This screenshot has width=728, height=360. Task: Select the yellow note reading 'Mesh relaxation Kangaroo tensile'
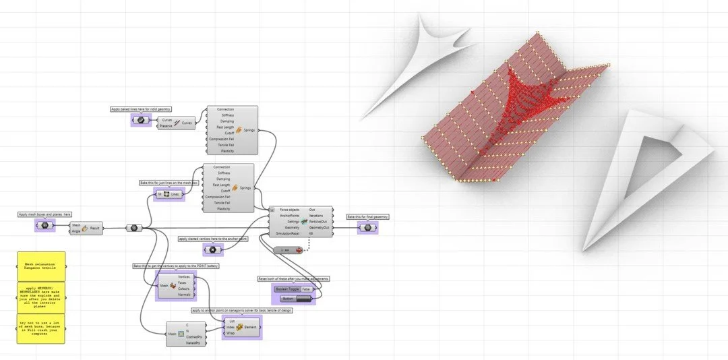pyautogui.click(x=41, y=267)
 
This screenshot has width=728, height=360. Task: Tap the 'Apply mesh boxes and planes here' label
pyautogui.click(x=45, y=214)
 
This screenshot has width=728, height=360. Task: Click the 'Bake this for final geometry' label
pyautogui.click(x=367, y=216)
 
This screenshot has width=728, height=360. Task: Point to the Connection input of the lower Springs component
pyautogui.click(x=222, y=167)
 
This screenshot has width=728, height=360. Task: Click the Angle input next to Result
pyautogui.click(x=76, y=231)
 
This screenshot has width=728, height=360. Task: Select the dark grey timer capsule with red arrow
pyautogui.click(x=289, y=249)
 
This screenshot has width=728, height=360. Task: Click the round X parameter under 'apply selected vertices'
pyautogui.click(x=212, y=249)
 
